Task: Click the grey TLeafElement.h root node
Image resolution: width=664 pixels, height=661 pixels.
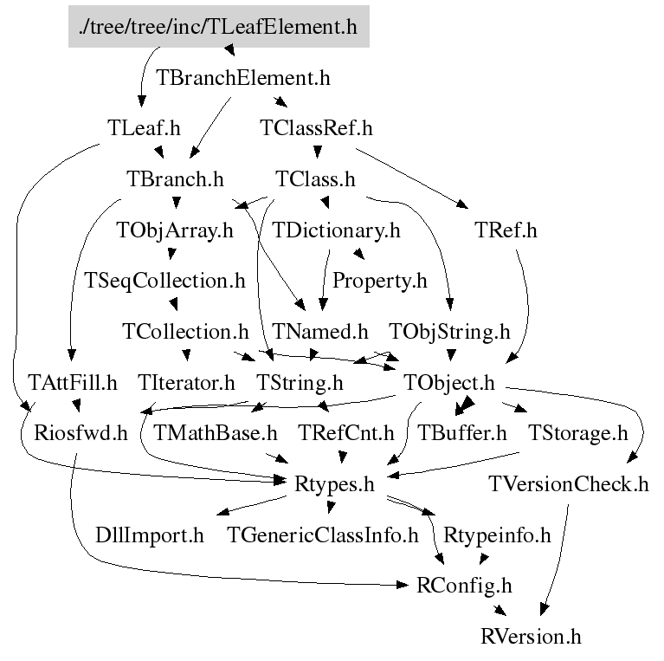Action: pos(218,27)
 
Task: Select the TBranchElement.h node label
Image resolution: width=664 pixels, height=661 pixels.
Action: pos(243,77)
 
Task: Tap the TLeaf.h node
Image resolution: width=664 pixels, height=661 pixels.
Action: pos(144,128)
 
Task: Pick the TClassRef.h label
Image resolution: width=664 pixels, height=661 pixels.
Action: pos(316,128)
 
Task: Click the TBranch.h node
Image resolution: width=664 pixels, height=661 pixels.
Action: pos(175,179)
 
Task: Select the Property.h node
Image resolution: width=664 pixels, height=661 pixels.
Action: pos(380,281)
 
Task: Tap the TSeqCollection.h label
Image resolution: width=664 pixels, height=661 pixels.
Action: pos(164,281)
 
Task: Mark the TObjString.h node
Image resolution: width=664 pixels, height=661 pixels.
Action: pos(449,332)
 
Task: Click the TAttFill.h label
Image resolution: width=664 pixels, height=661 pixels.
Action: pos(73,382)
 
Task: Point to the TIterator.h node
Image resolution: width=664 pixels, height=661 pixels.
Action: pos(186,382)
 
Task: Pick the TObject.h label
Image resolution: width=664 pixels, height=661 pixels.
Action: pos(449,382)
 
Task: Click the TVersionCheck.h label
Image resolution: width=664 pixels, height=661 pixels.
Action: pos(568,483)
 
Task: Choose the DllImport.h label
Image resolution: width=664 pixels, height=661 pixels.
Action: pos(150,535)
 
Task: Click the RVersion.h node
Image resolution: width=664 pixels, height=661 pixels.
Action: pos(531,637)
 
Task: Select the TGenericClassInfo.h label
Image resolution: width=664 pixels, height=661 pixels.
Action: pos(323,535)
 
